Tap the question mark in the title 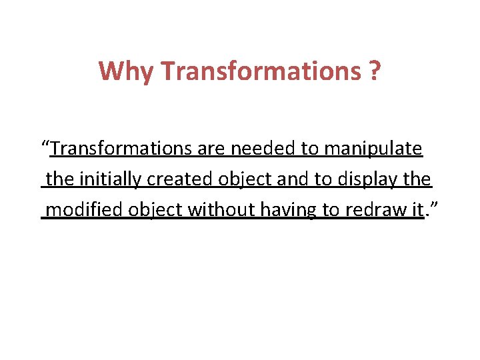click(x=375, y=71)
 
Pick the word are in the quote click(x=211, y=148)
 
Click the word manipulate click(x=373, y=149)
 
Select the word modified click(x=85, y=210)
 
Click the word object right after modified click(x=156, y=211)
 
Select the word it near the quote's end click(x=417, y=210)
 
